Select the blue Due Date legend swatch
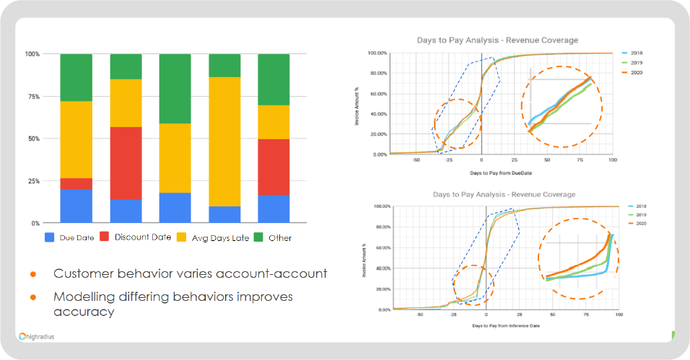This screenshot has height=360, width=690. [51, 237]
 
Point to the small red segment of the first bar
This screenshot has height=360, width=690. [76, 183]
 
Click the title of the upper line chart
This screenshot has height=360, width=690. [497, 40]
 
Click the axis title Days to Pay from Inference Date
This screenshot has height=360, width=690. [501, 326]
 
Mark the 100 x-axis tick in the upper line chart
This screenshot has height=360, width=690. [612, 160]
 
